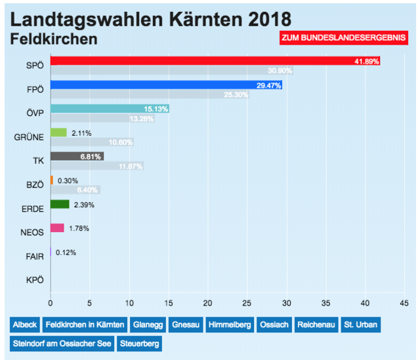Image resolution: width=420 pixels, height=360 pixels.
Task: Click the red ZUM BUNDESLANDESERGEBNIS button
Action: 343,39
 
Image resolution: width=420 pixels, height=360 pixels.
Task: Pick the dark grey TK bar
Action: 76,156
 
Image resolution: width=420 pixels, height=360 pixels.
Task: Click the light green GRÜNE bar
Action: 58,132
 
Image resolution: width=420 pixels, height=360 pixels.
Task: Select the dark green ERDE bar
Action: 59,205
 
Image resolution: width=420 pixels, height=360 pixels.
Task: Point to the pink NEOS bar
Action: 57,228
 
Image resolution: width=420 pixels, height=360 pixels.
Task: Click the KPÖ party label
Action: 34,280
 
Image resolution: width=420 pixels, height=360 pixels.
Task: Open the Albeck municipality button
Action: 24,325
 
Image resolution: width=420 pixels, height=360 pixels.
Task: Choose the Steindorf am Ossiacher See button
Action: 62,343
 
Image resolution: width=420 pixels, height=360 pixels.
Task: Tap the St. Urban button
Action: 360,325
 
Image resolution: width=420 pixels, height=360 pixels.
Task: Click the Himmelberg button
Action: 230,325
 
